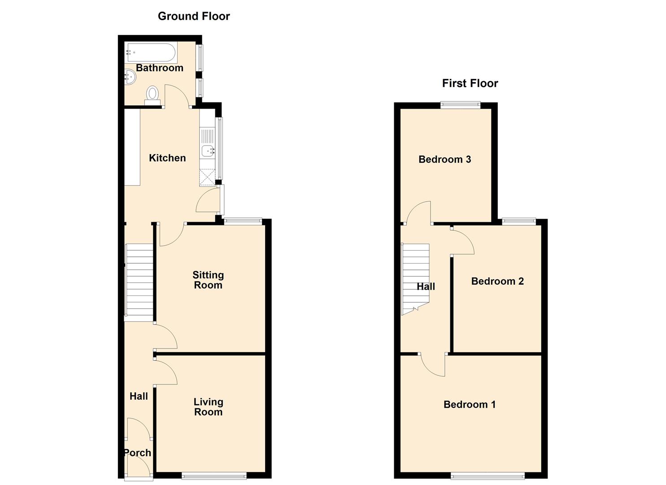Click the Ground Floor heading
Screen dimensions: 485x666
pyautogui.click(x=194, y=16)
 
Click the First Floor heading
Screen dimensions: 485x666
pyautogui.click(x=470, y=83)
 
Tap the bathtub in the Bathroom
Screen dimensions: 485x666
pyautogui.click(x=151, y=52)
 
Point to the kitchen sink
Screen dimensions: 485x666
pyautogui.click(x=208, y=151)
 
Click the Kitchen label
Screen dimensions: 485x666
pyautogui.click(x=167, y=158)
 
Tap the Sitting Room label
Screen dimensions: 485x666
pyautogui.click(x=208, y=280)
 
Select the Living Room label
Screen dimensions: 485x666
pyautogui.click(x=208, y=407)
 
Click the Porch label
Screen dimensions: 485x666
pyautogui.click(x=137, y=453)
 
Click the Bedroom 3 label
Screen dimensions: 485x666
pyautogui.click(x=444, y=159)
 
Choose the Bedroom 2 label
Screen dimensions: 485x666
pyautogui.click(x=497, y=281)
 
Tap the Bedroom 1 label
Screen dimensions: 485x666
pyautogui.click(x=470, y=405)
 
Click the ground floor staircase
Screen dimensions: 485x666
pyautogui.click(x=139, y=282)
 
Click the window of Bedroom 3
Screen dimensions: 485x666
pyautogui.click(x=460, y=105)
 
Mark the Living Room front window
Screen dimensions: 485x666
pyautogui.click(x=214, y=475)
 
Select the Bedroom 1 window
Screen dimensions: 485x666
pyautogui.click(x=488, y=475)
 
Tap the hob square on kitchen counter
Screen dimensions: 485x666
pyautogui.click(x=208, y=177)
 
